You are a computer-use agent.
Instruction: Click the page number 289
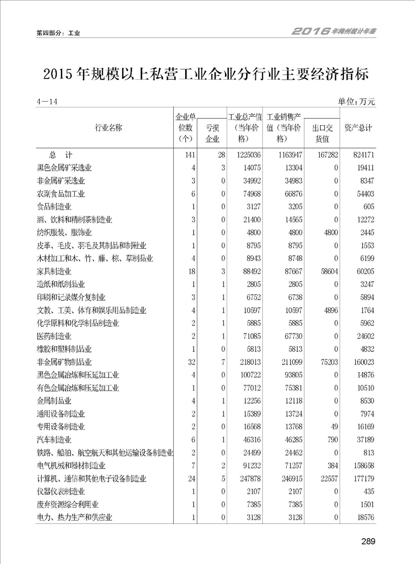coord(368,541)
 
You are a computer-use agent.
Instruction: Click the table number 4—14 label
coord(47,101)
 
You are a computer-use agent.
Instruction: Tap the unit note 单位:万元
coord(357,101)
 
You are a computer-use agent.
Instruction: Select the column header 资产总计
coord(358,128)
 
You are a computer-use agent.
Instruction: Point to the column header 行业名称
coord(109,128)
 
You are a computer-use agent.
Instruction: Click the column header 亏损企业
coord(212,133)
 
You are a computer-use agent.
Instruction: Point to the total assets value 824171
coord(361,155)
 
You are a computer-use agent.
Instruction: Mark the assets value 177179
coord(361,479)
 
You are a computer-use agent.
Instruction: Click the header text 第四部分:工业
coord(58,33)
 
